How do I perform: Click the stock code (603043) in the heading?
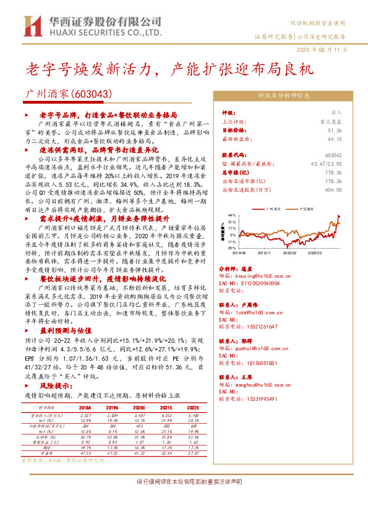coord(91,95)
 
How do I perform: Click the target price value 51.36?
coord(335,131)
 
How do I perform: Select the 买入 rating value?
coord(336,113)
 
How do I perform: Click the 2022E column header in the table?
coord(194,408)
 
